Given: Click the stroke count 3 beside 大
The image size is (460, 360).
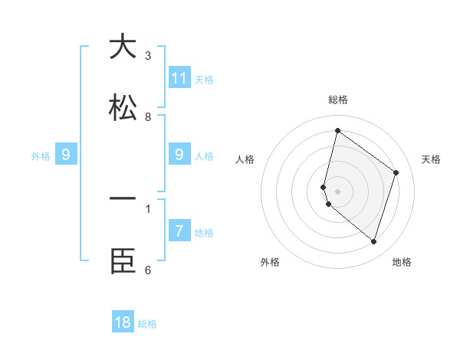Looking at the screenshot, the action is pyautogui.click(x=148, y=56).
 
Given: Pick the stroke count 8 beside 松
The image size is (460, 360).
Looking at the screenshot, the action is pyautogui.click(x=148, y=117).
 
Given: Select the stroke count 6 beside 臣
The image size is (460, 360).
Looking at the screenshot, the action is pyautogui.click(x=148, y=270).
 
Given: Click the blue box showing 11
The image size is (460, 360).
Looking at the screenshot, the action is pyautogui.click(x=179, y=77).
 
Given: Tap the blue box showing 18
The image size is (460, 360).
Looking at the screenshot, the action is pyautogui.click(x=123, y=322).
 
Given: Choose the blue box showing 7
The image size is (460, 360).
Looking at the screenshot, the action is pyautogui.click(x=179, y=231).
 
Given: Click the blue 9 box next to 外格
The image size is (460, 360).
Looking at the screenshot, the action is pyautogui.click(x=66, y=155).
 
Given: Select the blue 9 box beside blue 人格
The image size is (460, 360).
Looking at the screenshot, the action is pyautogui.click(x=179, y=155).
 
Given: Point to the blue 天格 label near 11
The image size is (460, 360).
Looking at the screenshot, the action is pyautogui.click(x=204, y=79).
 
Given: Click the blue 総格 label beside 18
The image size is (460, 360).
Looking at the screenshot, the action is pyautogui.click(x=147, y=324).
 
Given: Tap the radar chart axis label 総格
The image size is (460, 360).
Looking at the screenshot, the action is pyautogui.click(x=337, y=100).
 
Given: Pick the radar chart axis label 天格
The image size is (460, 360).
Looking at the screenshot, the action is pyautogui.click(x=431, y=159).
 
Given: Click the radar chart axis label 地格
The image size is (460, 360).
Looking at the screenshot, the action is pyautogui.click(x=402, y=262).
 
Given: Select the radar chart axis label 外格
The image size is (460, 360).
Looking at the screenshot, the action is pyautogui.click(x=270, y=262).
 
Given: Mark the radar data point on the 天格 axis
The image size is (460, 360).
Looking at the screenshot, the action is pyautogui.click(x=396, y=172).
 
